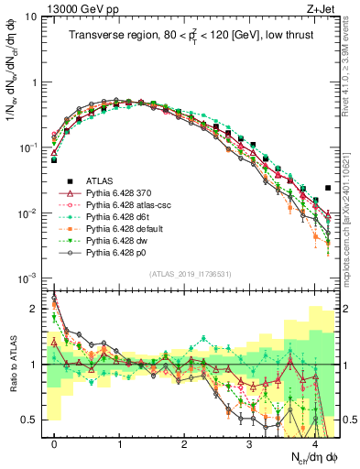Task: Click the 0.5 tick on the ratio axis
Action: pos(33,420)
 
